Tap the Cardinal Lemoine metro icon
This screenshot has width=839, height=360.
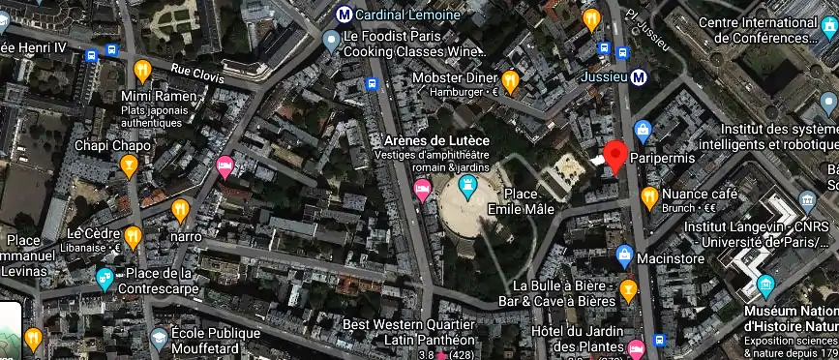pos(344,15)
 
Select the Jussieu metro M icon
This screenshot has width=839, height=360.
pos(639,77)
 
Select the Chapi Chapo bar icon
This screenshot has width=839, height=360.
pos(129,166)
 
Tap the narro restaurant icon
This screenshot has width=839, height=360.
pos(179,210)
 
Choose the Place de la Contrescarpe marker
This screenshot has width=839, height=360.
pos(105,280)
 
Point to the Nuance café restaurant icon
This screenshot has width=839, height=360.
pos(649,197)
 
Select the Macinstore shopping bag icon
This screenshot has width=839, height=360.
pos(625,256)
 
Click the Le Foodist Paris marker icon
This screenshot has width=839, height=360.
pos(330,39)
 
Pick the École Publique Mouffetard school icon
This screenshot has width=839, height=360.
pos(159,338)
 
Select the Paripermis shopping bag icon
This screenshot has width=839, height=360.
pos(642,130)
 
